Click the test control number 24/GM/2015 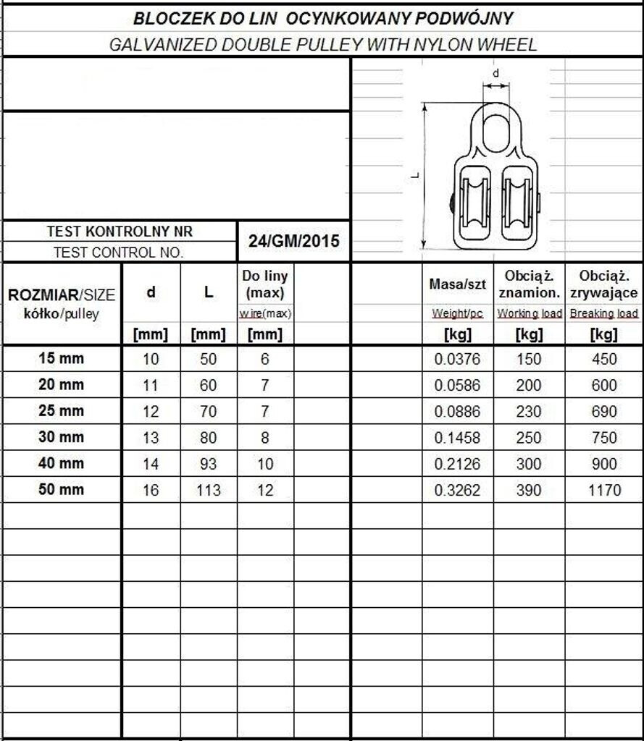(x=293, y=241)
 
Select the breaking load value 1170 (x=604, y=490)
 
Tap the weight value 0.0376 (x=457, y=360)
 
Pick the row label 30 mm (x=61, y=437)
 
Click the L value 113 (x=208, y=490)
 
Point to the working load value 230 (x=529, y=412)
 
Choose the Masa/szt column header (x=457, y=284)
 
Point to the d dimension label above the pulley (x=495, y=73)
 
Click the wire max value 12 (x=265, y=490)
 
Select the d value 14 (x=151, y=464)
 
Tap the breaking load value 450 (x=604, y=360)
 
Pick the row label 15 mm (x=61, y=358)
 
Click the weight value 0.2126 (x=457, y=464)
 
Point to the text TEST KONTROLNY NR (x=120, y=232)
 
